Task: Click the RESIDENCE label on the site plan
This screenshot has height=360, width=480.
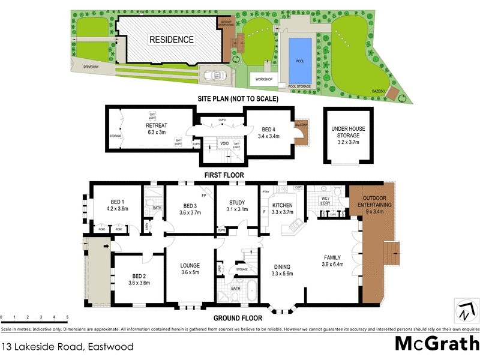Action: [x=172, y=40]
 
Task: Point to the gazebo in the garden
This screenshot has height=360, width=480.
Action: [x=394, y=93]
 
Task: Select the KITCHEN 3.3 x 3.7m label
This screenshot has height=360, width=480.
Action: [x=282, y=208]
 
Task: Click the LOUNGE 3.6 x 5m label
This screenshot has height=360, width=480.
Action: [x=190, y=269]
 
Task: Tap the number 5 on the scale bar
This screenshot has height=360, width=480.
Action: [x=67, y=316]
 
